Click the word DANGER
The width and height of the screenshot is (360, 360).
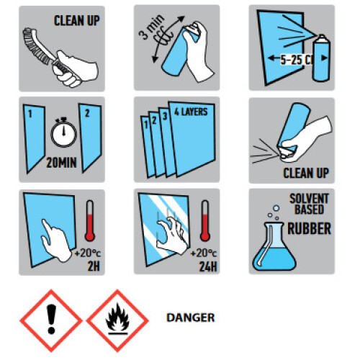point(191,318)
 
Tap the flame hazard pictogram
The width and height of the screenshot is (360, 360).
point(117,320)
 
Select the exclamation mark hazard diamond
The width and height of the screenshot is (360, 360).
point(51,320)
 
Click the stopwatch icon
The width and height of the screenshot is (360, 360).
point(63,132)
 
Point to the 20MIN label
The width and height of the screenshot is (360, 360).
point(62,163)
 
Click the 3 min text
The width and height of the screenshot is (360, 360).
point(151,27)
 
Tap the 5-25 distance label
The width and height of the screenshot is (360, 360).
point(296,59)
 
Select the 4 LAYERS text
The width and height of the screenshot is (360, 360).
point(191,112)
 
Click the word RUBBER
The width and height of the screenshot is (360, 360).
point(309,228)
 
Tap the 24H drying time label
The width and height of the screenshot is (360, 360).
point(208,266)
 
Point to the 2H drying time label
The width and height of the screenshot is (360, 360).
point(94,266)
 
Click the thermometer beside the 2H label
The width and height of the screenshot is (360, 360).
point(90,220)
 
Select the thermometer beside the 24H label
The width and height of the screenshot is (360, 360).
point(205,220)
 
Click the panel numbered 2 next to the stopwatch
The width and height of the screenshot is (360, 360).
point(90,138)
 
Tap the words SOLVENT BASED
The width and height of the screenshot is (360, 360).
point(309,204)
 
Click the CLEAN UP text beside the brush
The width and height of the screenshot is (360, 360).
point(76,20)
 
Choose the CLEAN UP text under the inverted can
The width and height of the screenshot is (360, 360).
point(306,173)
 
